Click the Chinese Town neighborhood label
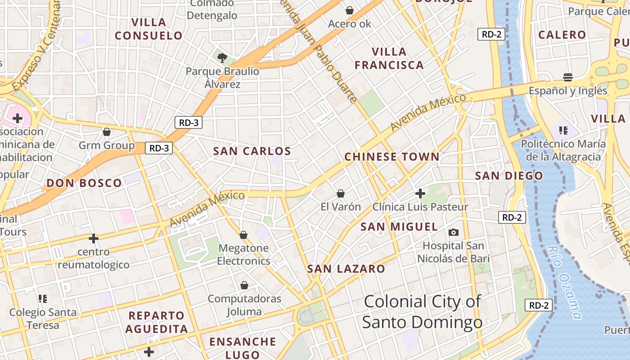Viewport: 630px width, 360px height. pyautogui.click(x=391, y=157)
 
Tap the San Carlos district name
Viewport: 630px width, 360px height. pyautogui.click(x=252, y=151)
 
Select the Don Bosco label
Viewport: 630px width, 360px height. pyautogui.click(x=84, y=183)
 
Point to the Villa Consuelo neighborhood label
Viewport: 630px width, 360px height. pyautogui.click(x=148, y=29)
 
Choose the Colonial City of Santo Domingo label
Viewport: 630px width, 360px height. pyautogui.click(x=422, y=312)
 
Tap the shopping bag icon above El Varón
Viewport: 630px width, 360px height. pyautogui.click(x=341, y=193)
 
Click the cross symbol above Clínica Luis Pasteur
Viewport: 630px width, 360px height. pyautogui.click(x=420, y=193)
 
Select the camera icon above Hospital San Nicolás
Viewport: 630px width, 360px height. pyautogui.click(x=454, y=232)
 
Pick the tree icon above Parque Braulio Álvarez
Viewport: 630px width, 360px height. pyautogui.click(x=222, y=57)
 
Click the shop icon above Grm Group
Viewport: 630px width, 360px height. pyautogui.click(x=107, y=132)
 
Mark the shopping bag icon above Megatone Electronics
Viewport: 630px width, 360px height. pyautogui.click(x=243, y=234)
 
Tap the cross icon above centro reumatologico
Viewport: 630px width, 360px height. pyautogui.click(x=94, y=238)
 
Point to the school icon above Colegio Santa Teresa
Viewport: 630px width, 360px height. pyautogui.click(x=43, y=298)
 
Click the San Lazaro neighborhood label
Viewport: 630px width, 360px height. pyautogui.click(x=346, y=269)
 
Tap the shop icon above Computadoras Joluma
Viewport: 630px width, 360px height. pyautogui.click(x=244, y=285)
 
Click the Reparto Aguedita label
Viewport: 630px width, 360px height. pyautogui.click(x=157, y=322)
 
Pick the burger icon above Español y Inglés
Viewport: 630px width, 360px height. pyautogui.click(x=568, y=77)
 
